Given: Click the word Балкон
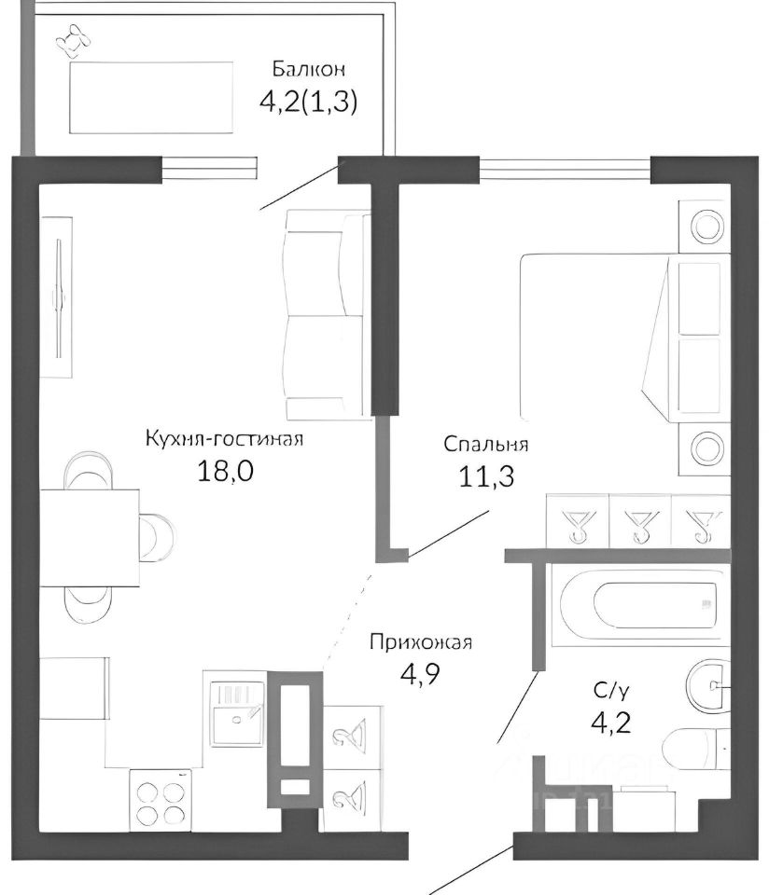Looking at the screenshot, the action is click(x=309, y=70).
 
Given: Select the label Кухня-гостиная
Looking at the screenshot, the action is click(x=224, y=439).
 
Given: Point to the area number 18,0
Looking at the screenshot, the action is click(x=225, y=472).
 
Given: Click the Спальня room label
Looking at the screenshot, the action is click(x=485, y=444).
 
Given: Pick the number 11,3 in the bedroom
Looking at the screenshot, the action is click(x=486, y=476).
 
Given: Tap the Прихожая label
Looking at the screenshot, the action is click(x=421, y=642).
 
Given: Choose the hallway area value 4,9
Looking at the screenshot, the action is click(x=420, y=675).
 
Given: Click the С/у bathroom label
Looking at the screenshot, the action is click(x=611, y=691).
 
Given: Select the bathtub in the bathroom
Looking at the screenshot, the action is click(x=638, y=606).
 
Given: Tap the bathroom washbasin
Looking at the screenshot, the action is click(x=707, y=684).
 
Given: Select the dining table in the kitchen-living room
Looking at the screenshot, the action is click(x=90, y=538).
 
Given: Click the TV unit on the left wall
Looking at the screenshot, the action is click(x=56, y=296).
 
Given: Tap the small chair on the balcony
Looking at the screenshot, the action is click(x=74, y=41).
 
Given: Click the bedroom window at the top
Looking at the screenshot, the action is click(x=565, y=169).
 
